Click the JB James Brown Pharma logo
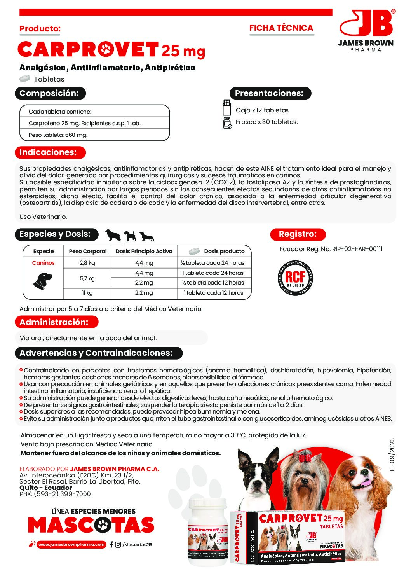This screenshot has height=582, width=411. [x=366, y=30]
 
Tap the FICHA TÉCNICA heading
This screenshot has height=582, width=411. [x=281, y=28]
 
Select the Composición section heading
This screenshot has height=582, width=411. [x=50, y=93]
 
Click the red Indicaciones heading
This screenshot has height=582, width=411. [x=49, y=152]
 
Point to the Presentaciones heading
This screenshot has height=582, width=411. [x=270, y=93]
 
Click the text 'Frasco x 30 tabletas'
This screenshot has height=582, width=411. [x=266, y=122]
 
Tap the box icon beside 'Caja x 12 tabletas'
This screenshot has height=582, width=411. [x=226, y=107]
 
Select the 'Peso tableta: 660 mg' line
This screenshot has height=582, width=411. [x=58, y=135]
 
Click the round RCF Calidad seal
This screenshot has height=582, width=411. [x=295, y=278]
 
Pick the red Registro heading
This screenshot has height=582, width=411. [x=298, y=234]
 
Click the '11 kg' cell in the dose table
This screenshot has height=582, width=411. [x=87, y=293]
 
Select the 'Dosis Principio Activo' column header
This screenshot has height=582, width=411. [x=144, y=251]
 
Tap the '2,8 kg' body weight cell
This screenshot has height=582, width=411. [x=87, y=263]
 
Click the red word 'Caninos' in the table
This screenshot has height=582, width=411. [x=43, y=263]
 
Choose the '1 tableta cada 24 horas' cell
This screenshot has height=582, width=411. [x=214, y=273]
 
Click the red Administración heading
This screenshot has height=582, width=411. [x=55, y=322]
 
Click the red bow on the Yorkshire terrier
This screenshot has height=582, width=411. [x=305, y=458]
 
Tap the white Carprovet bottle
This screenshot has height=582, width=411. [x=207, y=530]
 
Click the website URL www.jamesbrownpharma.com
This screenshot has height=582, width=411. [x=71, y=544]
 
